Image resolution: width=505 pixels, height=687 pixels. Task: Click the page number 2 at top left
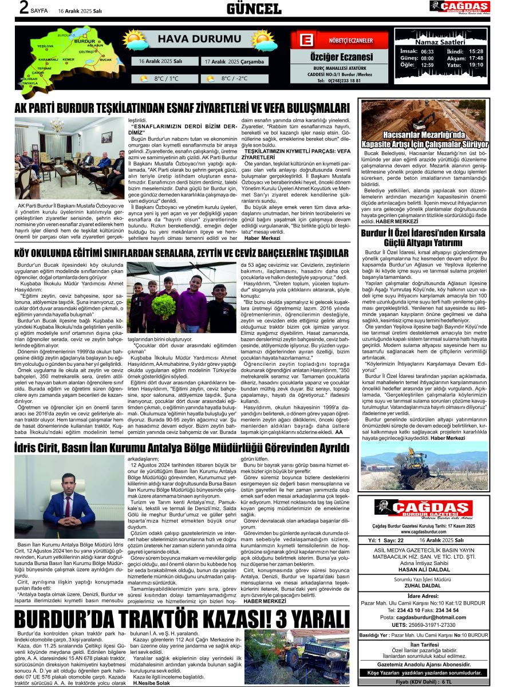9,9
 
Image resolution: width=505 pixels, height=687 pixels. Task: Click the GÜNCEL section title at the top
254,9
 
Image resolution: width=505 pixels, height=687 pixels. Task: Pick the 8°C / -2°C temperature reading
235,78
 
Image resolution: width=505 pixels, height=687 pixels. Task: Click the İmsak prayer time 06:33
427,51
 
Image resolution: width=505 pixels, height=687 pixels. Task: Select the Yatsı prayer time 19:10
476,65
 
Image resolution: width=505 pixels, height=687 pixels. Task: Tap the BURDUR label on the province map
85,41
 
